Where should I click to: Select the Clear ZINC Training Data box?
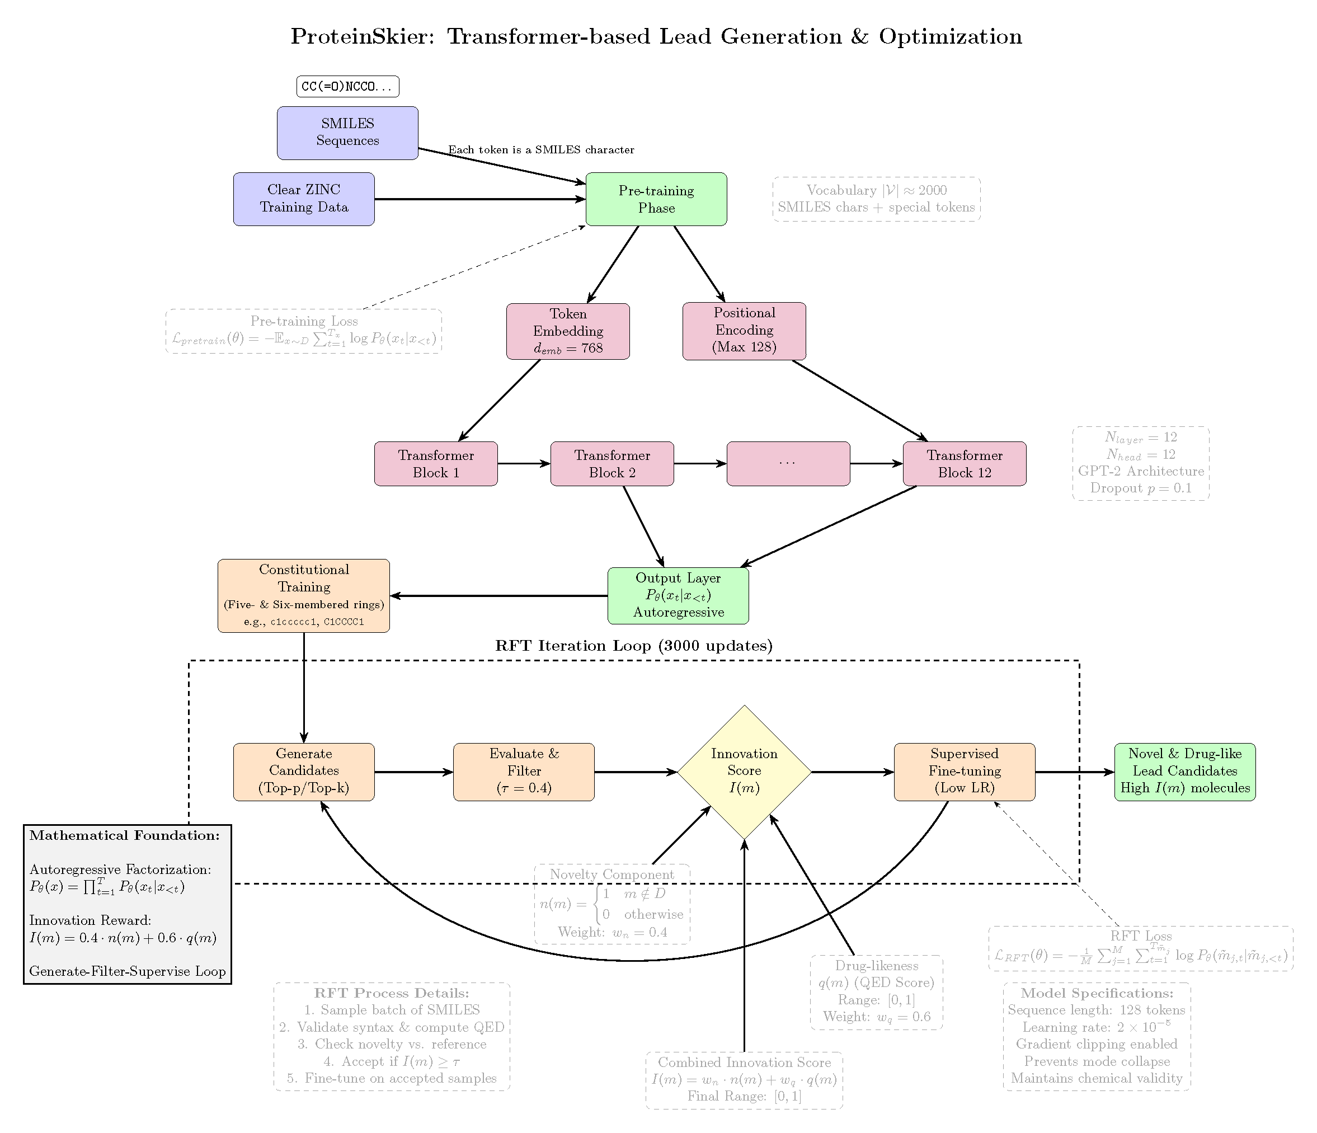pos(304,199)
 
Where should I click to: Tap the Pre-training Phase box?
pos(656,199)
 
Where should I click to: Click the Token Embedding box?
pos(568,331)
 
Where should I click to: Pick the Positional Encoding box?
pos(744,331)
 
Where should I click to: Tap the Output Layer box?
pos(678,595)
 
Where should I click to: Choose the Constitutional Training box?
pos(303,595)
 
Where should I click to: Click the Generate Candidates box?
pos(304,771)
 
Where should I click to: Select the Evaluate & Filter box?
pos(524,771)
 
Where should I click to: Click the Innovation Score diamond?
pos(744,771)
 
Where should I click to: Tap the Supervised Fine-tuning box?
pos(964,771)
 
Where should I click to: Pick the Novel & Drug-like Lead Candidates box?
pos(1185,771)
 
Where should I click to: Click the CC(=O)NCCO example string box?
pos(347,87)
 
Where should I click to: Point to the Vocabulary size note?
pos(876,199)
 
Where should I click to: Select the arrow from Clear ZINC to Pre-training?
pos(479,199)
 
